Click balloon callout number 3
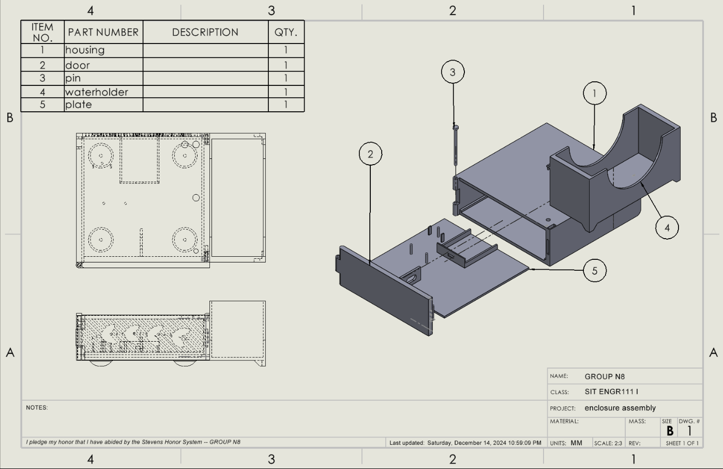(453, 72)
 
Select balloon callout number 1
(594, 93)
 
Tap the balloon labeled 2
(370, 154)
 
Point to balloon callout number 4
(667, 227)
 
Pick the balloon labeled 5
(594, 271)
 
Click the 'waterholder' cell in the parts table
(97, 92)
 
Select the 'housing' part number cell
(85, 50)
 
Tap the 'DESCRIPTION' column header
(205, 32)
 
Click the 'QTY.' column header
(285, 32)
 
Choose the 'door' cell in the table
(78, 65)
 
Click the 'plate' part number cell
(79, 105)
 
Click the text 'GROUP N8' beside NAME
(605, 376)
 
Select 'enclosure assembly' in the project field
(620, 408)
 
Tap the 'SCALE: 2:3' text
(608, 443)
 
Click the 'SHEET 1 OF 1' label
(682, 443)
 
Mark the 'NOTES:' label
(37, 407)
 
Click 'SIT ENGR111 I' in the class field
(611, 392)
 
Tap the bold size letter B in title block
(670, 431)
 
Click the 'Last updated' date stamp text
(465, 443)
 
